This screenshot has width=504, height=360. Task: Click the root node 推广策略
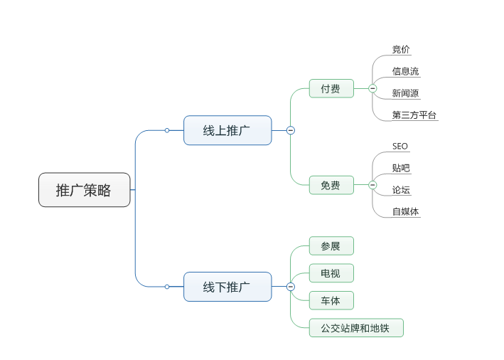tap(84, 190)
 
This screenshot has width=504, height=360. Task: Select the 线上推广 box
tap(227, 130)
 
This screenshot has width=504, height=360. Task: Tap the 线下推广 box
tap(227, 287)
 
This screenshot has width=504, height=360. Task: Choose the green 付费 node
tap(331, 89)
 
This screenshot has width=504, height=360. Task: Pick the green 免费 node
tap(331, 186)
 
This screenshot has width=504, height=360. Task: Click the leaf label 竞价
tap(401, 50)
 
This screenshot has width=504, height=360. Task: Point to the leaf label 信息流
tap(405, 71)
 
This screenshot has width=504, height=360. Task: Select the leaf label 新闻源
tap(405, 93)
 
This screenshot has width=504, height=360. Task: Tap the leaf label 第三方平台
tap(414, 115)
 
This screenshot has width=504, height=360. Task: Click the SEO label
tap(400, 147)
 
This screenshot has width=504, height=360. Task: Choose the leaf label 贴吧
tap(401, 169)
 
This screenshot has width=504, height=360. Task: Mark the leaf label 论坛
tap(401, 190)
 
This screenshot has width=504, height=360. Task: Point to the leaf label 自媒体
tap(405, 212)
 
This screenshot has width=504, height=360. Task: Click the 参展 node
tap(331, 246)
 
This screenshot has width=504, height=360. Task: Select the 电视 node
tap(331, 273)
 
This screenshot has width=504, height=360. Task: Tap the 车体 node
tap(331, 300)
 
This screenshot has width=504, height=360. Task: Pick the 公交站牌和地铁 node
tap(356, 328)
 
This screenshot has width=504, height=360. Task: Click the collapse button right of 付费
tap(372, 88)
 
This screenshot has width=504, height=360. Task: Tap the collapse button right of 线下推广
tap(291, 287)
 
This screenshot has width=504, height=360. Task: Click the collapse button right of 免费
tap(372, 185)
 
